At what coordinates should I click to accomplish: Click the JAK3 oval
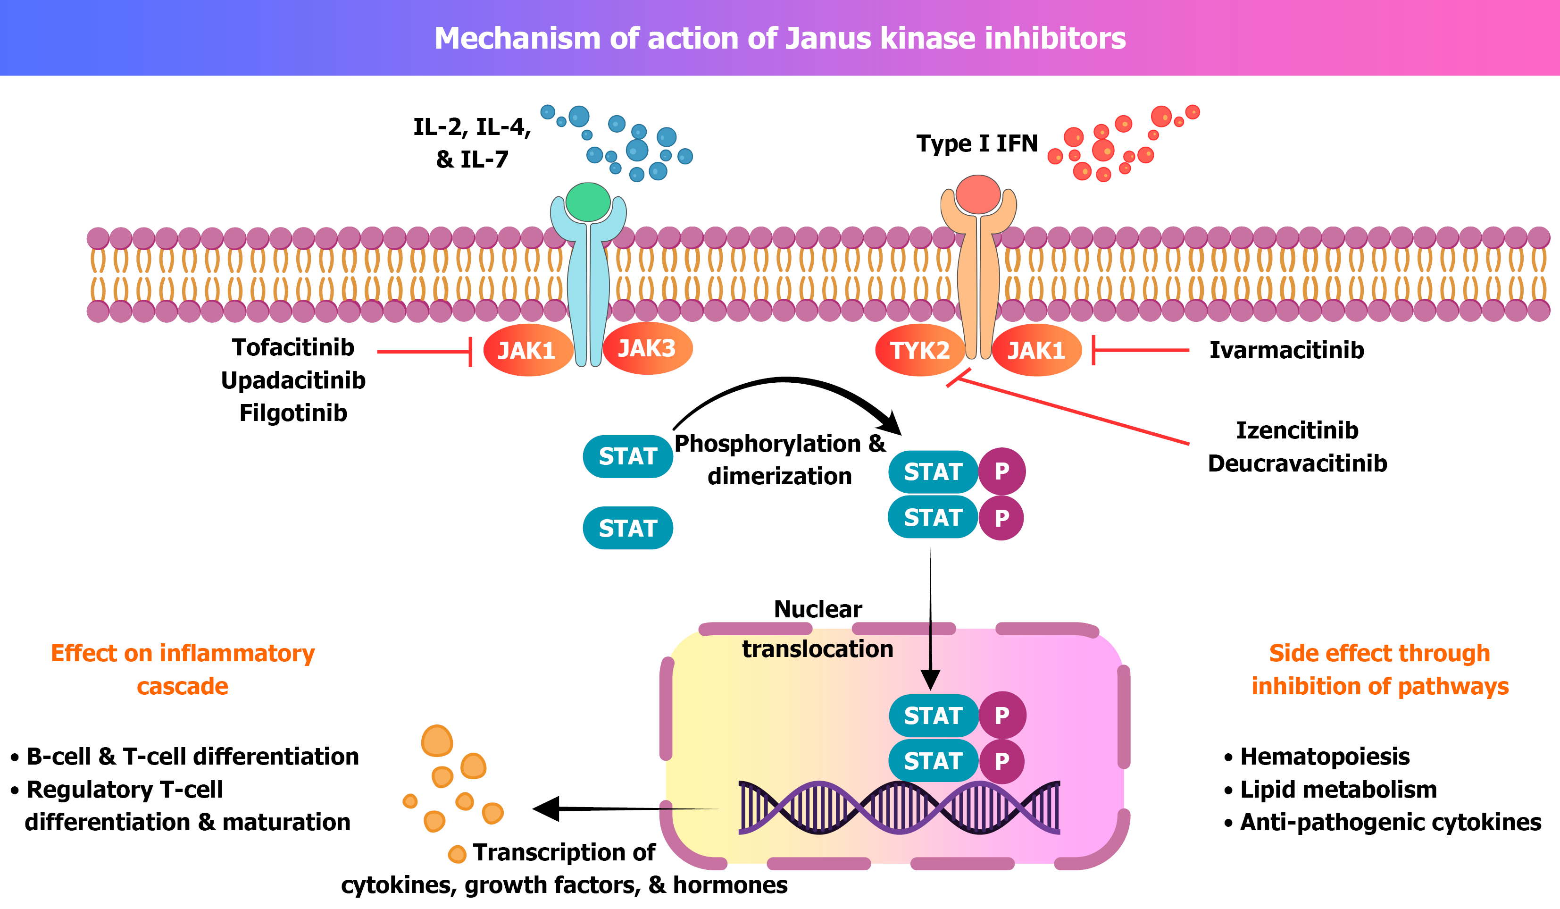[x=647, y=349]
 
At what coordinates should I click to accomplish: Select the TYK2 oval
[x=920, y=351]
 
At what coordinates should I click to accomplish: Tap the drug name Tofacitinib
[x=293, y=347]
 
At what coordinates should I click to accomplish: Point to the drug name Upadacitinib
[x=293, y=380]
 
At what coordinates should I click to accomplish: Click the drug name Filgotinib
[x=293, y=413]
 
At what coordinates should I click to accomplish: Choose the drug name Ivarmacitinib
[x=1286, y=351]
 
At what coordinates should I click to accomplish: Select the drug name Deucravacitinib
[x=1298, y=463]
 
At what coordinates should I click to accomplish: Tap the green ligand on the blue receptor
[x=588, y=202]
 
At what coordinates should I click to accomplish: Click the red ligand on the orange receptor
[x=978, y=194]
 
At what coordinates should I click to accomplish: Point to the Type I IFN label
[x=977, y=143]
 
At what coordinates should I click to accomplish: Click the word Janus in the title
[x=829, y=38]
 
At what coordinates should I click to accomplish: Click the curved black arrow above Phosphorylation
[x=786, y=390]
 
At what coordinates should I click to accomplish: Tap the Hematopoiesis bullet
[x=1325, y=757]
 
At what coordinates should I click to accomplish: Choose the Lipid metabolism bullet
[x=1338, y=790]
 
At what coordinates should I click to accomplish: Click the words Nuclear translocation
[x=818, y=629]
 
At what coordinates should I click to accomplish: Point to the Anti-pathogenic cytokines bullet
[x=1390, y=822]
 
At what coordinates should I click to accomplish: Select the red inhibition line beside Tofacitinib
[x=425, y=352]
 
